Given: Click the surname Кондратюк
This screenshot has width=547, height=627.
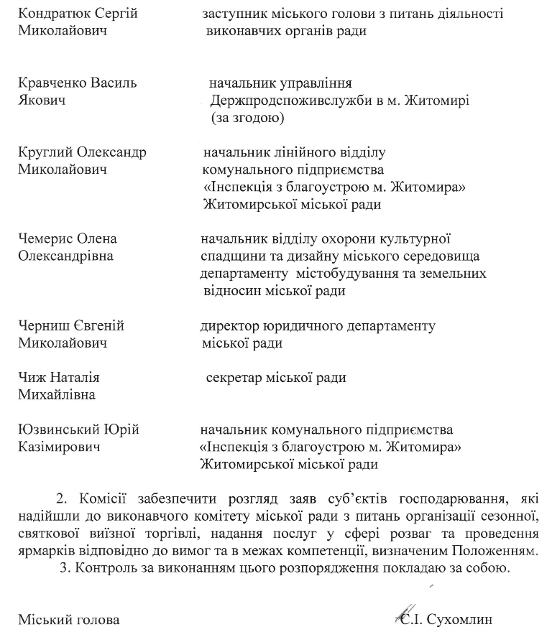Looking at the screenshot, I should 52,14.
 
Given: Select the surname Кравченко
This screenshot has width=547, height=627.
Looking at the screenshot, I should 50,83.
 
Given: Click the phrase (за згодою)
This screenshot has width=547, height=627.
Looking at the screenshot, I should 248,117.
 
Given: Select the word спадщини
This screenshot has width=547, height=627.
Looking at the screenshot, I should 231,256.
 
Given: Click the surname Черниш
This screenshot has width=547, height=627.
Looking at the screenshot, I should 44,325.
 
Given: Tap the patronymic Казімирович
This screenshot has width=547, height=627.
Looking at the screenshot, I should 59,447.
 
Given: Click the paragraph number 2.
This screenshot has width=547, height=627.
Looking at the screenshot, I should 60,498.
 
